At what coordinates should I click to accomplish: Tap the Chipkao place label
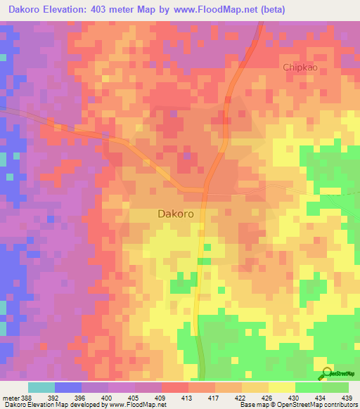click(301, 67)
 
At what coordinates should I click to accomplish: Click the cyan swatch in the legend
click(41, 387)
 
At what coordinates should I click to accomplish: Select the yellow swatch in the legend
click(281, 387)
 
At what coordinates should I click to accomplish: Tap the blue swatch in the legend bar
click(68, 387)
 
